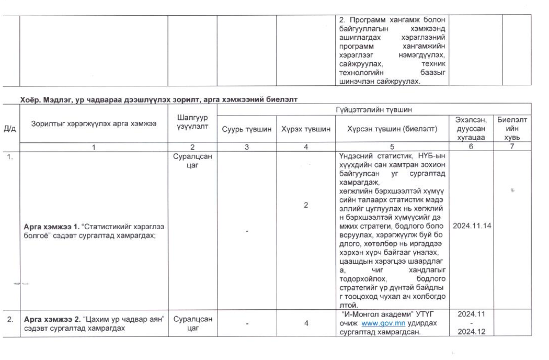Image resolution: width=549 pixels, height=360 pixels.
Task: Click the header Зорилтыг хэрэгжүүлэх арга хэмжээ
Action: click(x=94, y=124)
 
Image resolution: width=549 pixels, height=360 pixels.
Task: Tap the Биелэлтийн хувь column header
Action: click(x=512, y=128)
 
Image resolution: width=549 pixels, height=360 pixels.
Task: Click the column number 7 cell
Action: click(x=512, y=147)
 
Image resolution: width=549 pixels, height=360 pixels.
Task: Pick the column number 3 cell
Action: click(x=246, y=147)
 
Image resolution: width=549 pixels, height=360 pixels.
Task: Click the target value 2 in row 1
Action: click(x=306, y=205)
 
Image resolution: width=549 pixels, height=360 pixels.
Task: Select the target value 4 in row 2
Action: click(x=306, y=323)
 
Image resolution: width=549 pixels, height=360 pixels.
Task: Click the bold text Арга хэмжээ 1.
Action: click(x=51, y=227)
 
